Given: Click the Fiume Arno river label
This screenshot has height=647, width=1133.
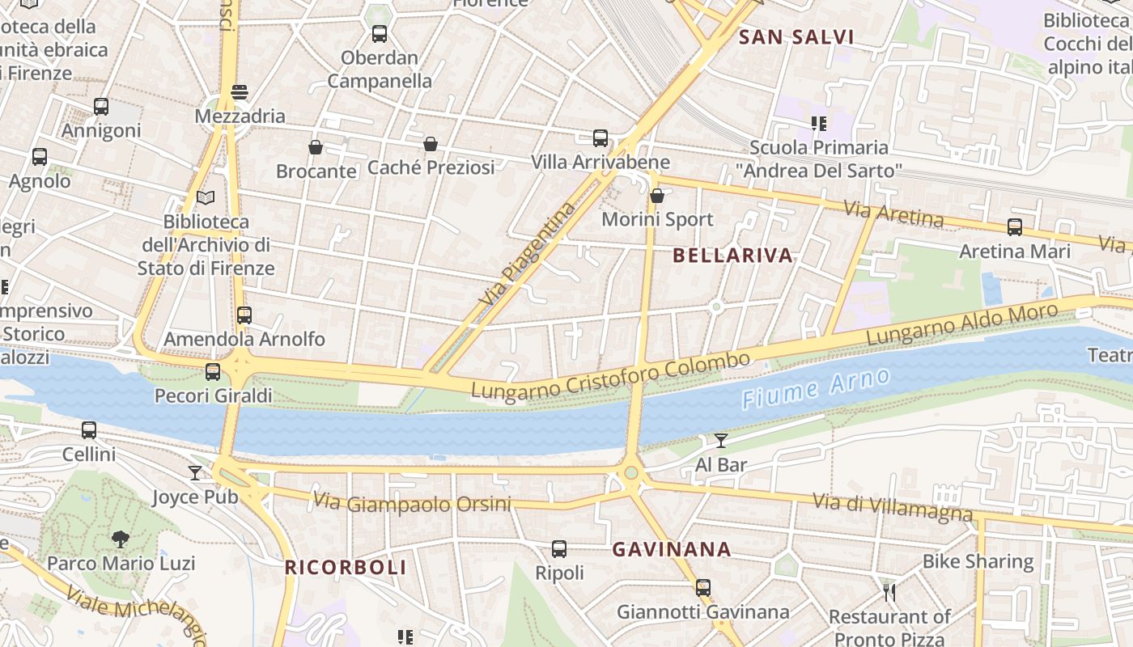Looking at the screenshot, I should [x=816, y=387].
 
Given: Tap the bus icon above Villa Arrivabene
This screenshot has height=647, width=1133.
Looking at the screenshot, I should [x=600, y=138].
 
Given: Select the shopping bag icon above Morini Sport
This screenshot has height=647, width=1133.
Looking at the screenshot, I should [x=657, y=196].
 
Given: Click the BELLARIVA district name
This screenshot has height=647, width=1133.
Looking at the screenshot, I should [x=733, y=256].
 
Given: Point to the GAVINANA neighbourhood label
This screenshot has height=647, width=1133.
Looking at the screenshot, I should [x=672, y=550].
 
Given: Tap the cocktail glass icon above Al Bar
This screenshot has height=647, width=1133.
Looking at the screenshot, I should [x=721, y=441].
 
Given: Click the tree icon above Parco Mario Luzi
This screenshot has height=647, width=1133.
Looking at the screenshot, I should [x=121, y=539].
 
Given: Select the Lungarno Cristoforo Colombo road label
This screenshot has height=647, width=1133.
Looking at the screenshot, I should [x=611, y=375].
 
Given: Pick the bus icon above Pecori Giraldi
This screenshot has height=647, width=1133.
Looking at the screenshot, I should [x=213, y=372].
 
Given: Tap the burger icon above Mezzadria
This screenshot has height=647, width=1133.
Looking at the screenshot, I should [x=240, y=92].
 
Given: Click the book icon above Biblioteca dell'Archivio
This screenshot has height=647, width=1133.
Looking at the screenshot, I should [x=206, y=197].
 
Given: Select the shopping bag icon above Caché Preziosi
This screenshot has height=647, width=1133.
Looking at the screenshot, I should [x=431, y=144].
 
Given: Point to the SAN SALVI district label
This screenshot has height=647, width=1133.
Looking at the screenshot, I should [x=797, y=37].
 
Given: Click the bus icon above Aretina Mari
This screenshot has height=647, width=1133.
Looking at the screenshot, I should [x=1015, y=227].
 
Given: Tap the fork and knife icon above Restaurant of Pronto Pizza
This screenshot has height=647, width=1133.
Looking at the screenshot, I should [x=889, y=593].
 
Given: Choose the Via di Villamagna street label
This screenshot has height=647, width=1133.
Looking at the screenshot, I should [x=892, y=508].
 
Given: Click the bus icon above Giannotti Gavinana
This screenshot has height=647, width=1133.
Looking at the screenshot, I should [x=703, y=588].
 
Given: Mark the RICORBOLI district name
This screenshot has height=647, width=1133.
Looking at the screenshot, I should [x=346, y=568].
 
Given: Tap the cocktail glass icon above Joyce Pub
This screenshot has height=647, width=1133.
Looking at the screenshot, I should [x=195, y=472].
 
